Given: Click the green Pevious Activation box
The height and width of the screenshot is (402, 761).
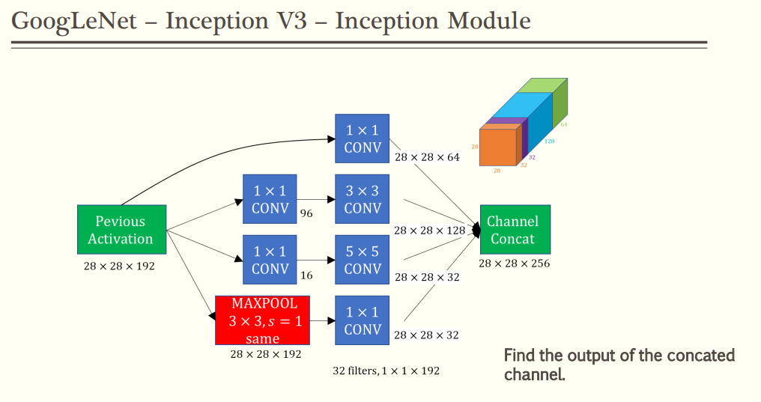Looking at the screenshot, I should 121,230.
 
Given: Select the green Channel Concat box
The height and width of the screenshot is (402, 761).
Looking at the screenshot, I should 515,229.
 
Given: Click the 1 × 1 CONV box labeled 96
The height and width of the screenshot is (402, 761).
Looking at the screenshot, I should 270,198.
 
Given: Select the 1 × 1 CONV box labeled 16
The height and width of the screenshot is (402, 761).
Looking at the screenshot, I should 270,259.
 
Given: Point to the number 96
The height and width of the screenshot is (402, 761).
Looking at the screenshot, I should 306,213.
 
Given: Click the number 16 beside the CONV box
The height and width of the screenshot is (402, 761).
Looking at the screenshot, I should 306,275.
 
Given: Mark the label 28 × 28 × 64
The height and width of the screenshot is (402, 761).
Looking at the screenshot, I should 427,157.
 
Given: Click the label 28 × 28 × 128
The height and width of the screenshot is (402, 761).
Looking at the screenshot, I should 430,231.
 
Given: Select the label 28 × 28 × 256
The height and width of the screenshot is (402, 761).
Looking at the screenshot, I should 515,264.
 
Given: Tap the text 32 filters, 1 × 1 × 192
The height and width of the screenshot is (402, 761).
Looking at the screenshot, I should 386,371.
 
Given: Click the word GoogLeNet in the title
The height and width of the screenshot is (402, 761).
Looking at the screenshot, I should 74,20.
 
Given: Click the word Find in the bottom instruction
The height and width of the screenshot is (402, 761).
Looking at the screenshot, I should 521,355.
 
